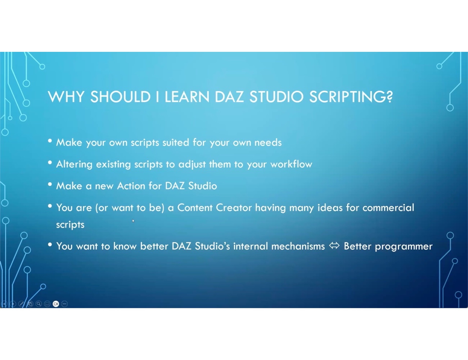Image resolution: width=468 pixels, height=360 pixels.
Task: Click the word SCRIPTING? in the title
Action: click(351, 97)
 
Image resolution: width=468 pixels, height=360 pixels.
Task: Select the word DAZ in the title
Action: click(229, 97)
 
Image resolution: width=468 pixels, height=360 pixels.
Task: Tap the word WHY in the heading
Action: click(66, 97)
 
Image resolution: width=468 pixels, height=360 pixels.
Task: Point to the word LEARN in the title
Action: click(187, 97)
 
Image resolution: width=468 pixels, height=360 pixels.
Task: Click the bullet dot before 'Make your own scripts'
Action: click(50, 141)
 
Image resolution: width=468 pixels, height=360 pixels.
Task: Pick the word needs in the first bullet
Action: click(268, 142)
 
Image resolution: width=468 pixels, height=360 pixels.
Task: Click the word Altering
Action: click(74, 165)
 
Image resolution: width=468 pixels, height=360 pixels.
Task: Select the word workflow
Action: click(291, 164)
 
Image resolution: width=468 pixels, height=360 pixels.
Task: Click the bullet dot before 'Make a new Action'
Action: click(50, 184)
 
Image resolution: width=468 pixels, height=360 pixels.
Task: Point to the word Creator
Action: click(234, 208)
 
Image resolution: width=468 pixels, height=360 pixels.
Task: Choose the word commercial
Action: click(388, 208)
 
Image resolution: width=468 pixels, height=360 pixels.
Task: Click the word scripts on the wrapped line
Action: click(70, 225)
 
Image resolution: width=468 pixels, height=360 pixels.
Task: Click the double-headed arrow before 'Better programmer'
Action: click(334, 246)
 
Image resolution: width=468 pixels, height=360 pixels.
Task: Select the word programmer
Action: click(404, 247)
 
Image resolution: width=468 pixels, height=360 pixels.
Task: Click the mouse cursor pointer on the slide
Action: click(133, 221)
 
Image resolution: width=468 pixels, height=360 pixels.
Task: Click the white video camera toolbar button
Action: click(56, 304)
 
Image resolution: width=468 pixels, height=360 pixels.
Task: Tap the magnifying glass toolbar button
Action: click(39, 304)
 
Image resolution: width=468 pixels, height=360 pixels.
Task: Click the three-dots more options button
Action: click(64, 304)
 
